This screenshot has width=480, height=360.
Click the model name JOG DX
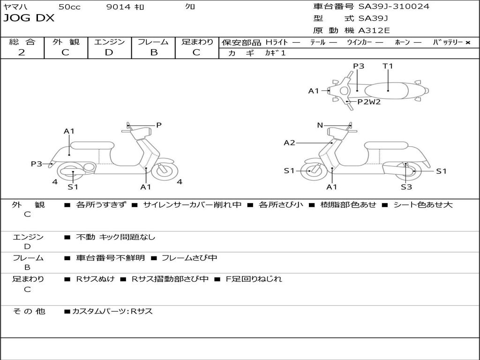coord(29,18)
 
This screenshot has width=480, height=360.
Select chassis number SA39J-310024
coord(394,6)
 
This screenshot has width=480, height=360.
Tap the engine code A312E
coord(374,30)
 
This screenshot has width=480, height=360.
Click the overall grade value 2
coord(22,52)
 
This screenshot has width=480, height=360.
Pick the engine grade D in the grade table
coord(109,52)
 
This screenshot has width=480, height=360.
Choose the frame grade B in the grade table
coord(154,52)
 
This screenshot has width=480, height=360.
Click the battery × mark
coord(468,43)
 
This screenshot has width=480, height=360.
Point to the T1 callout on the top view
coord(388,66)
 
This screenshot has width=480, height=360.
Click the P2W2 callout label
coord(369,102)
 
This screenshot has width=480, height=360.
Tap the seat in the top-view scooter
coord(386,90)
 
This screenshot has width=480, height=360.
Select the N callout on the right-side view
coord(320,125)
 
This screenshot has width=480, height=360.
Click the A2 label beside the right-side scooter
coord(289,142)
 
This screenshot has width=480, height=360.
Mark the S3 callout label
coord(406,187)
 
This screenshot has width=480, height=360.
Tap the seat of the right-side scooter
coord(386,146)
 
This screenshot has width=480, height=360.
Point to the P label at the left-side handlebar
coord(158,125)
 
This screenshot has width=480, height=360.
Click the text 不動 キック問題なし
coord(115,237)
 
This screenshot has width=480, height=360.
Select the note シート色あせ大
coord(423,204)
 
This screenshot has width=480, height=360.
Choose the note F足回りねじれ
coord(254,279)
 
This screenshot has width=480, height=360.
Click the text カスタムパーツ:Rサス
coord(112,311)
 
